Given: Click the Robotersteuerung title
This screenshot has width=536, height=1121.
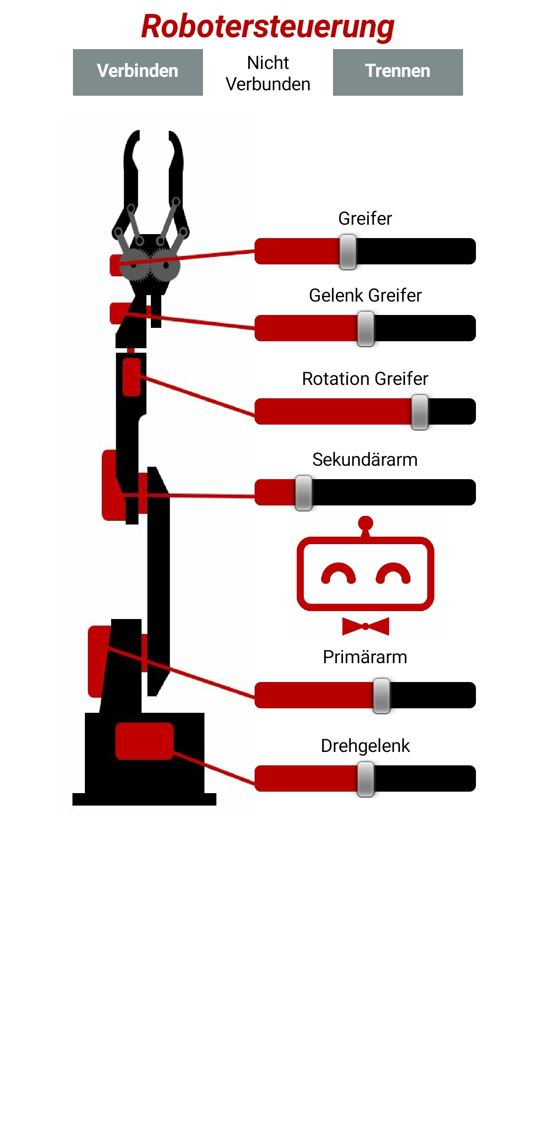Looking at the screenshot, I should click(x=268, y=26).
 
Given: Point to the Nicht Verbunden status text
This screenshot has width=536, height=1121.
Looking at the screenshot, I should click(x=268, y=73).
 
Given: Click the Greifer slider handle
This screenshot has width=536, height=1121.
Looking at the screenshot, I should click(x=348, y=251).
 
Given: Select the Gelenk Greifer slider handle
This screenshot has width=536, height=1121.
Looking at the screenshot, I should click(x=366, y=328).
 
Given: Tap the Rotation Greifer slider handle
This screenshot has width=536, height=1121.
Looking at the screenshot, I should click(x=420, y=412).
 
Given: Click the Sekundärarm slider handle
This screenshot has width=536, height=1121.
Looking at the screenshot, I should click(x=304, y=493).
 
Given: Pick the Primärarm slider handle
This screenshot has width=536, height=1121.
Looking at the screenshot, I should click(x=382, y=695).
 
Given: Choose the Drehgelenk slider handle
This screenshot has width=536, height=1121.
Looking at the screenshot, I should click(x=366, y=779).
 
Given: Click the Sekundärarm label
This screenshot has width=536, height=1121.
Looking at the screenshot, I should click(x=365, y=460).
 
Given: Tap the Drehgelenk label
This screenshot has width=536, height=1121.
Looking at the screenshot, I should click(x=365, y=746).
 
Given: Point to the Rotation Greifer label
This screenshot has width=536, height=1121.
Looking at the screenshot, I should click(x=365, y=379).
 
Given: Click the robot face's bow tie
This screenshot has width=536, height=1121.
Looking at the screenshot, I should click(x=366, y=626).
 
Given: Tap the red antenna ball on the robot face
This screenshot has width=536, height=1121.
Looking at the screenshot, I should click(x=366, y=523).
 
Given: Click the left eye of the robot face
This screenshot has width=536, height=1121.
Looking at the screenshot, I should click(x=338, y=574).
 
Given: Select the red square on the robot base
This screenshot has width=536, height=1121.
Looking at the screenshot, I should click(x=144, y=741).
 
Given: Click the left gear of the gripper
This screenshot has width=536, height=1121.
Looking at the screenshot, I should click(x=134, y=264).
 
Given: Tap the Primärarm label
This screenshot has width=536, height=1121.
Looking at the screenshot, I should click(x=365, y=657).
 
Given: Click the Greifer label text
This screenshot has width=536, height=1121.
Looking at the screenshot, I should click(x=365, y=219).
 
